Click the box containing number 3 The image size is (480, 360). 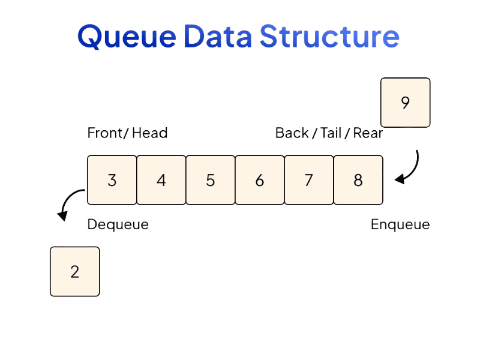(x=112, y=180)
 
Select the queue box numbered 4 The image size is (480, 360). (x=161, y=180)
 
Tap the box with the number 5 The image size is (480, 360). (x=210, y=180)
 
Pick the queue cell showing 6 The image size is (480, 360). (x=259, y=180)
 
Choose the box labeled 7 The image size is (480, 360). (x=308, y=180)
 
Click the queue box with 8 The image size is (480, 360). (x=358, y=180)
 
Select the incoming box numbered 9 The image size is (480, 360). (x=405, y=103)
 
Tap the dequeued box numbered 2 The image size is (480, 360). (x=74, y=272)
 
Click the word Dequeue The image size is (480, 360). (x=118, y=225)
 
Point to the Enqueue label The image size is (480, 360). (x=400, y=225)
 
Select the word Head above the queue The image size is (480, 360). (x=149, y=133)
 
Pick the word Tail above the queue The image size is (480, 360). (x=331, y=133)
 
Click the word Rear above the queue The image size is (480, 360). (x=368, y=133)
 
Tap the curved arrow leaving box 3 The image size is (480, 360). (x=69, y=203)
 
